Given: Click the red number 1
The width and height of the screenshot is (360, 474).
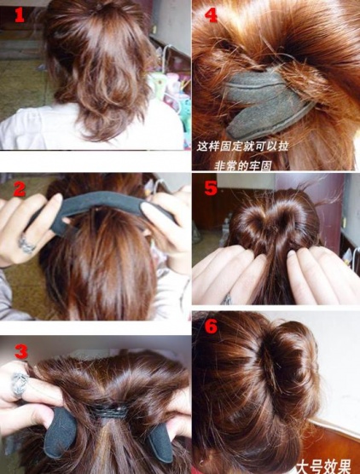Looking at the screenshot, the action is tap(20, 15).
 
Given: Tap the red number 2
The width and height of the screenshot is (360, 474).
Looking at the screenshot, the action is tap(20, 189).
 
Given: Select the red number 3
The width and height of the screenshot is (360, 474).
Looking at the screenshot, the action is tap(21, 351).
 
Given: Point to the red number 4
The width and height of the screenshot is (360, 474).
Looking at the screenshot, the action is tap(211, 14).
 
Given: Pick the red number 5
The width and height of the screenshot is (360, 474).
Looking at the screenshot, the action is tap(211, 188).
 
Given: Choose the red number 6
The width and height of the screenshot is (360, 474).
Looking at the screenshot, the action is tap(211, 326).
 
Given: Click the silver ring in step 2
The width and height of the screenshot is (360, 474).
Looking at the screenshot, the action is tap(26, 245).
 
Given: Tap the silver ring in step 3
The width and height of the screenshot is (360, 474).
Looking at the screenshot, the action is tap(20, 384).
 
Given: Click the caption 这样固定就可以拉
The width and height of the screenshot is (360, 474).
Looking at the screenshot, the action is tap(242, 147).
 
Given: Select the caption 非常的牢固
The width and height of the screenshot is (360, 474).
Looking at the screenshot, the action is tap(243, 165).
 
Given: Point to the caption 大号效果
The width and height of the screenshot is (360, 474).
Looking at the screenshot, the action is tap(323, 466).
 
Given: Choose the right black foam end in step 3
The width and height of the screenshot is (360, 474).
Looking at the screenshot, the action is tap(160, 441).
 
